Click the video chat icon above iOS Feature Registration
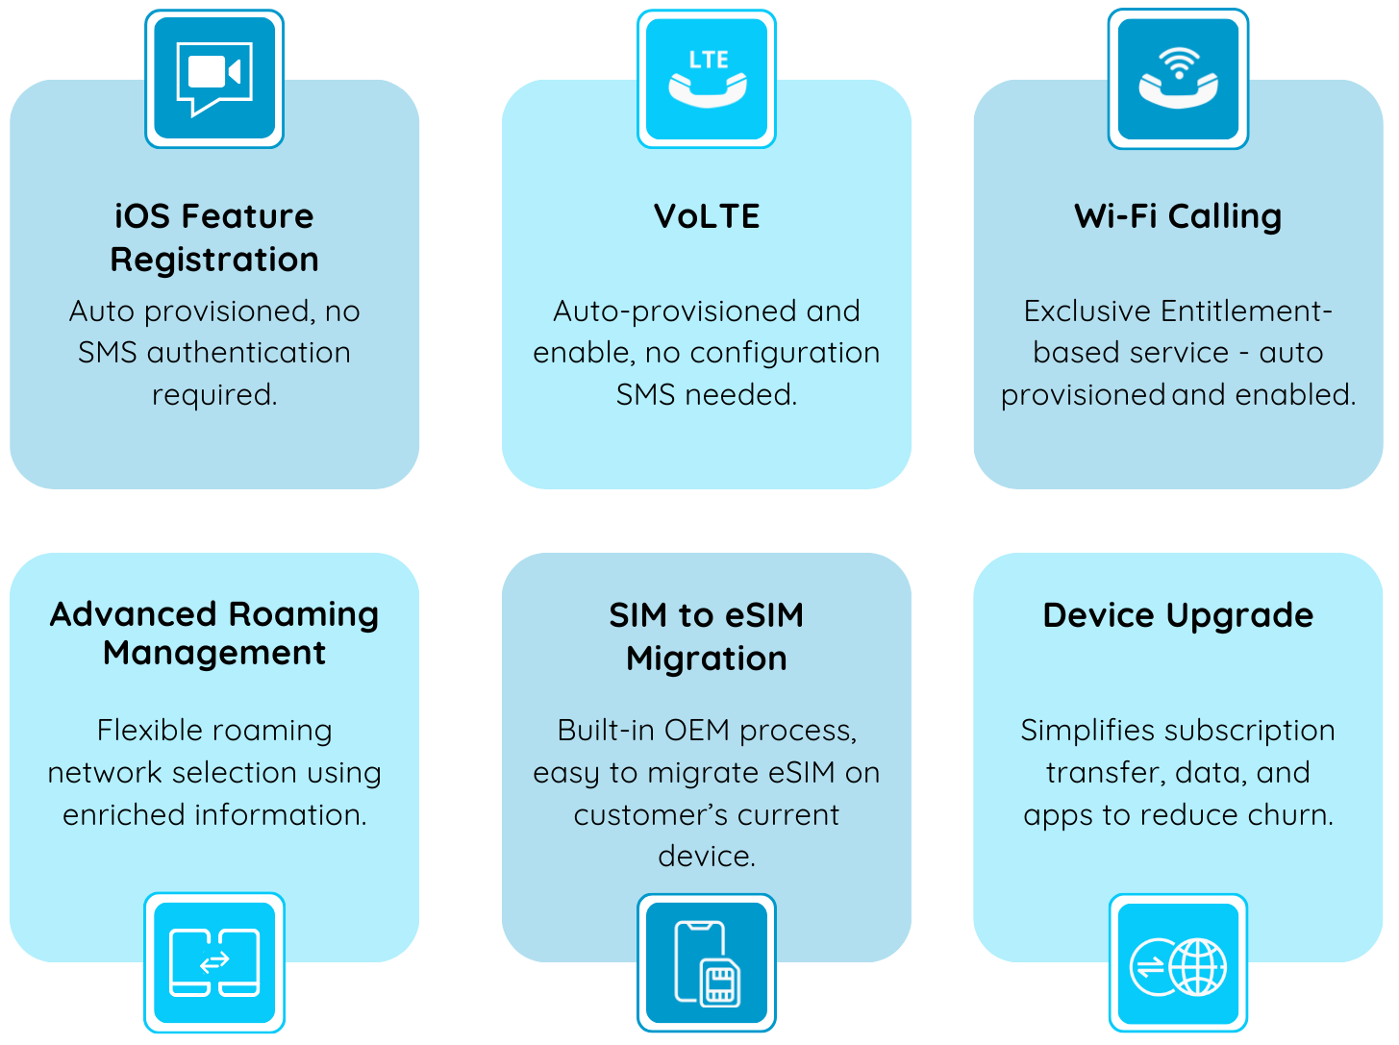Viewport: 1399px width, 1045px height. [214, 79]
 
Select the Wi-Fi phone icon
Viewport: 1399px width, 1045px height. [1178, 79]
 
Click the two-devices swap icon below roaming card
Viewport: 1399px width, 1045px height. [214, 962]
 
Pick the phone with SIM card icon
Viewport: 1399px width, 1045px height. [707, 963]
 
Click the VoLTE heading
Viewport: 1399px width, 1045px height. [707, 216]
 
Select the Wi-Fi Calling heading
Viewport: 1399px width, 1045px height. [1178, 216]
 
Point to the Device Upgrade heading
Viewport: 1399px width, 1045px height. [1178, 615]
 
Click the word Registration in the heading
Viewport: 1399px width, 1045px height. [214, 260]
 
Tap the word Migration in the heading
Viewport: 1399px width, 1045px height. [707, 659]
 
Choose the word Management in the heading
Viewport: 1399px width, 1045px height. [214, 654]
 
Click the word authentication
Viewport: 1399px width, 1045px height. [248, 353]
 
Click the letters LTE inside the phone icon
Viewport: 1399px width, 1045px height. [709, 60]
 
